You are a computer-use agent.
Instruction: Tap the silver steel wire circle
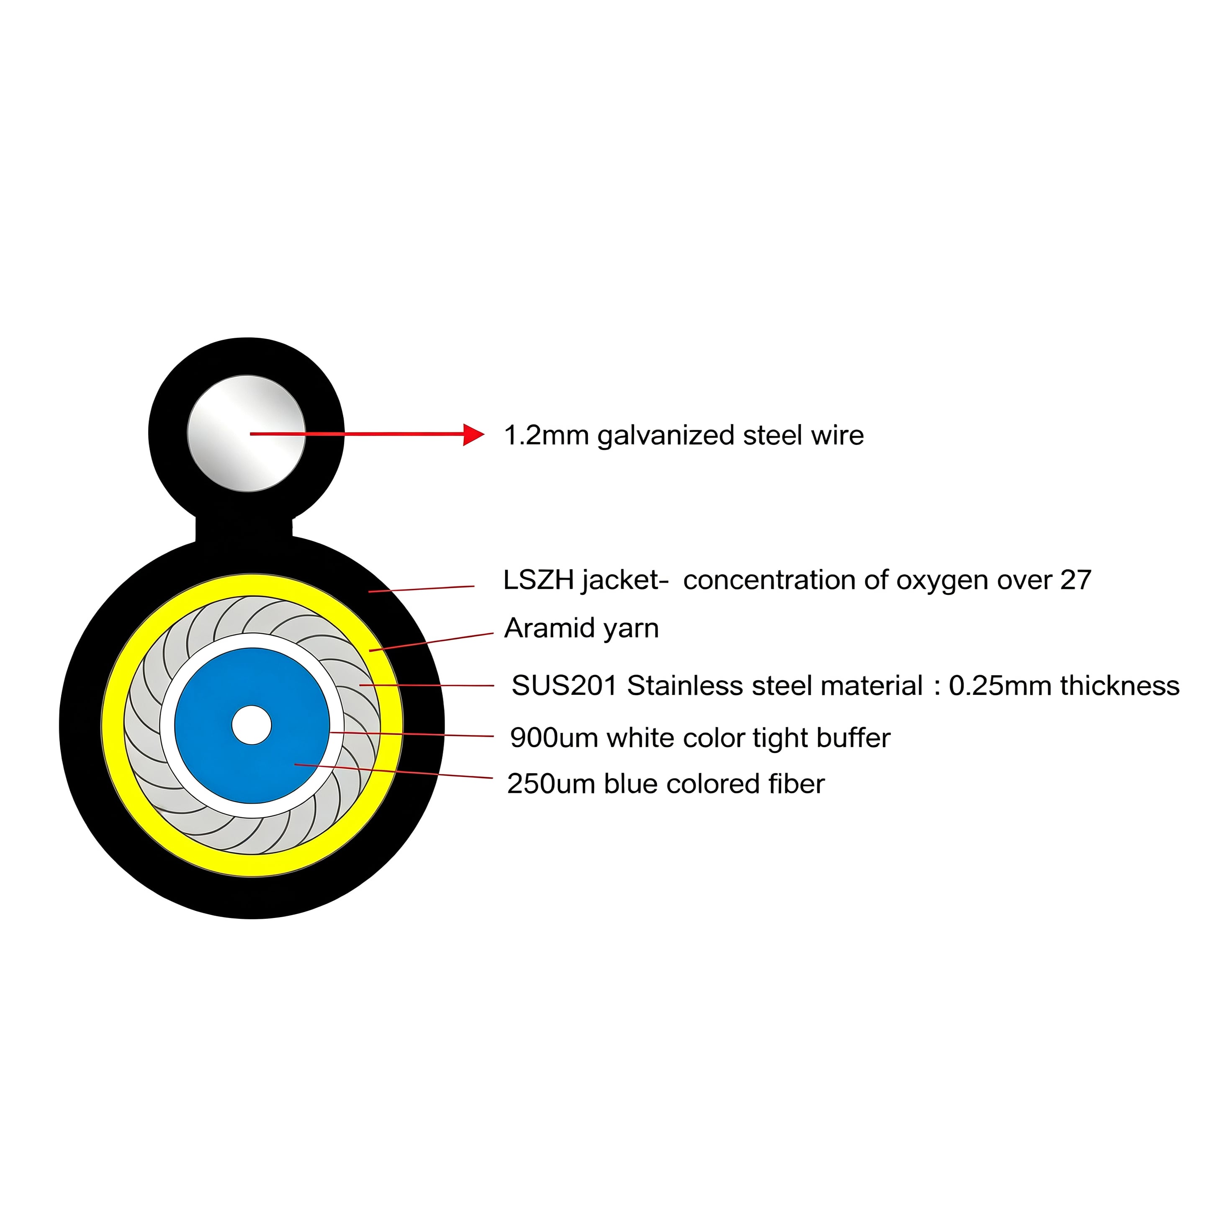(246, 434)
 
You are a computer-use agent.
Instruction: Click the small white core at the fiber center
(251, 725)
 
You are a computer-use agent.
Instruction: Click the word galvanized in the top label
(666, 436)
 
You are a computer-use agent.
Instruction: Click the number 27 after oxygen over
(1076, 580)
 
